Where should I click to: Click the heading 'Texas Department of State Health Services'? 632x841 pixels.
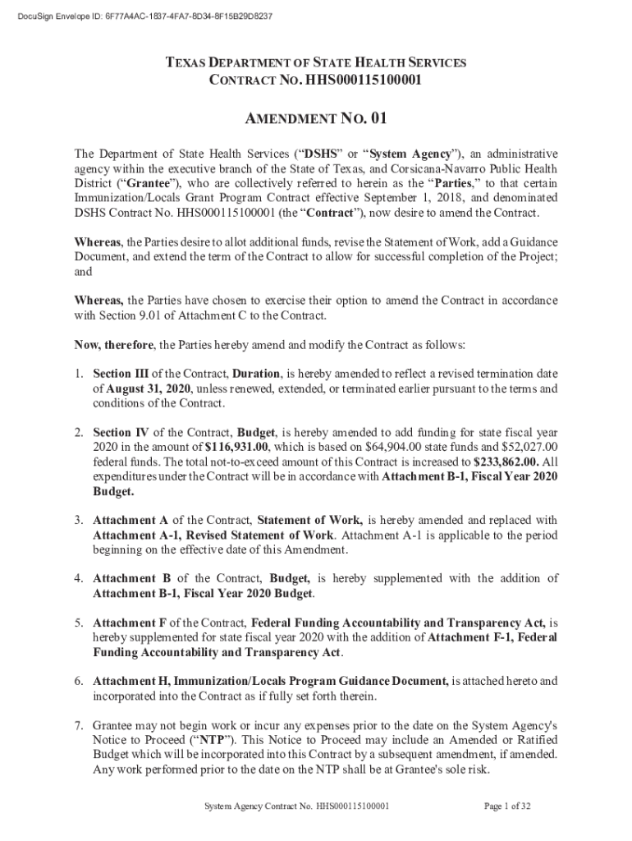[x=316, y=63]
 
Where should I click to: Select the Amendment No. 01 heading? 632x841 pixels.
[x=316, y=119]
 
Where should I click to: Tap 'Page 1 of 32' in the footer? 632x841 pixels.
[x=507, y=807]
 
